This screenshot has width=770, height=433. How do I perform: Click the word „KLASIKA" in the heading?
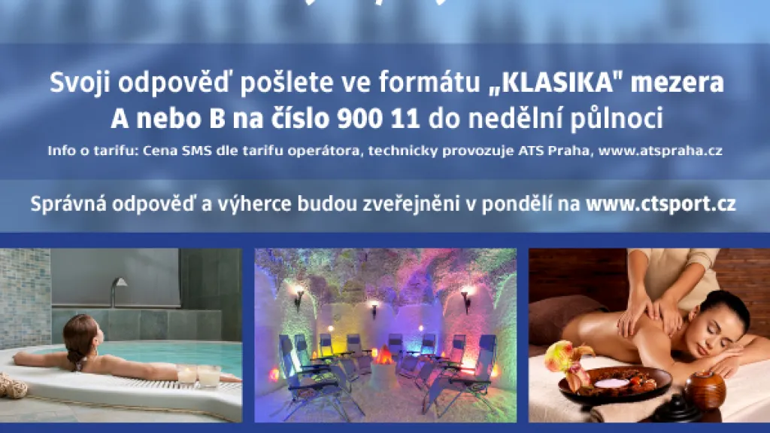click(x=553, y=83)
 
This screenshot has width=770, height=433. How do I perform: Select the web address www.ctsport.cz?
click(x=660, y=203)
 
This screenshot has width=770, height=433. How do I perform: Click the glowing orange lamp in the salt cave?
click(x=384, y=354)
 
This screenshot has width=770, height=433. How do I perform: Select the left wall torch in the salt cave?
click(x=299, y=297)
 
